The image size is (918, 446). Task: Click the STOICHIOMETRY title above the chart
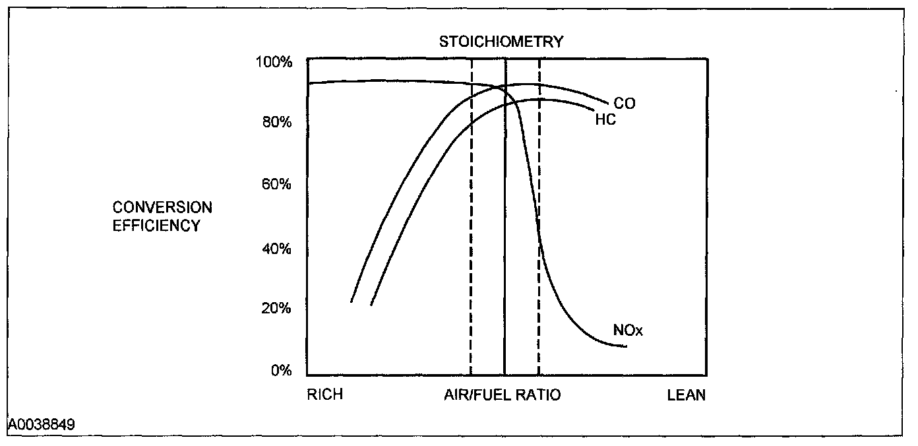tap(501, 42)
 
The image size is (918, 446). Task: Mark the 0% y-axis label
tap(280, 371)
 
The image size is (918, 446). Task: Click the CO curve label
tap(625, 104)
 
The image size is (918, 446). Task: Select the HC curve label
tap(605, 121)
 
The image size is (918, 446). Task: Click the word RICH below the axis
tap(325, 395)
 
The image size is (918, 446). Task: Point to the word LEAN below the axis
tap(687, 395)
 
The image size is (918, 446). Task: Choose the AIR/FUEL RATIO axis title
tap(502, 395)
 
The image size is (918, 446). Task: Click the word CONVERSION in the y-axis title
tap(162, 208)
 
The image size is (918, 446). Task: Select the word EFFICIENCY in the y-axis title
tap(156, 226)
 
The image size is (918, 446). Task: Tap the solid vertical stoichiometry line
tap(505, 264)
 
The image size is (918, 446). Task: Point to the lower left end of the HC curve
tap(371, 305)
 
